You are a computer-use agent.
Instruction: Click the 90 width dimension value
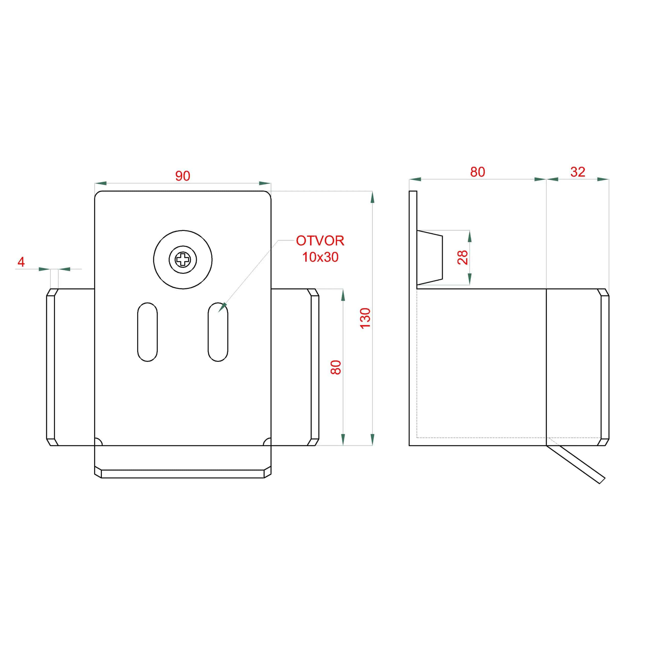(182, 176)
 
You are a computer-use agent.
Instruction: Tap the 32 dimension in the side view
(578, 172)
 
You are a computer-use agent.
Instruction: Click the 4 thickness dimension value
(21, 262)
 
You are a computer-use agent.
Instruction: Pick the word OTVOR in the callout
(320, 241)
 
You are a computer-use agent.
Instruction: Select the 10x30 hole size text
(320, 257)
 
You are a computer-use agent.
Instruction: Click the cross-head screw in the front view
(183, 260)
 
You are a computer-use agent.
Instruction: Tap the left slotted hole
(147, 332)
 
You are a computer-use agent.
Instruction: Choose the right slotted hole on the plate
(218, 332)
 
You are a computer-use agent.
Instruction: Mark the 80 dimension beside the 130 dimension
(336, 367)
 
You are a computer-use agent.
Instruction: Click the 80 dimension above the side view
(477, 172)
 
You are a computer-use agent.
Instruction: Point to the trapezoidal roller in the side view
(430, 257)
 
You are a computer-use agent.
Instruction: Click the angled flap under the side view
(575, 464)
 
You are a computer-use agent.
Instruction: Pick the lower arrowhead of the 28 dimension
(470, 279)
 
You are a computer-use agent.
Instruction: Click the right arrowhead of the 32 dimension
(603, 179)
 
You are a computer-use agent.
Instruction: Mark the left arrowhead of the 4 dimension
(45, 269)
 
